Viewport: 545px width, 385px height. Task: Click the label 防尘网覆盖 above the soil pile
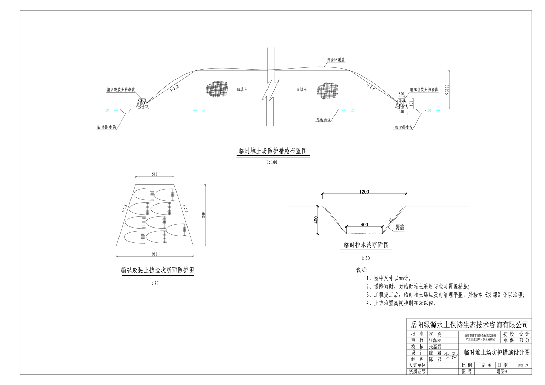(x=336, y=60)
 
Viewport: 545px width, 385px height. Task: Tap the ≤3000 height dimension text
(x=446, y=89)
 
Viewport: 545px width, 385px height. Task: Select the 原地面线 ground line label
(x=323, y=120)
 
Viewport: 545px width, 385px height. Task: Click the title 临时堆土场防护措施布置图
(x=273, y=151)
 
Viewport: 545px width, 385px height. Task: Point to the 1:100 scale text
(x=272, y=162)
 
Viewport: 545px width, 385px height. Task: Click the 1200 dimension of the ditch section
(x=364, y=192)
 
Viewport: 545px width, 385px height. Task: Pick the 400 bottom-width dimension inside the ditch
(x=364, y=225)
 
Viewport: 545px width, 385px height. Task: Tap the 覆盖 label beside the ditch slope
(x=400, y=227)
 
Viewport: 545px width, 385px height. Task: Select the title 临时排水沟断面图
(x=366, y=245)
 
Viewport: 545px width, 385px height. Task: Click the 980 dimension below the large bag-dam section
(x=155, y=254)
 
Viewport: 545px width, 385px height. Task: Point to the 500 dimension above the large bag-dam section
(x=155, y=174)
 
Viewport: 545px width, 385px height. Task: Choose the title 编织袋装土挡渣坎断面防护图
(x=157, y=270)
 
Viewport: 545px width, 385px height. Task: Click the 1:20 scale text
(x=154, y=283)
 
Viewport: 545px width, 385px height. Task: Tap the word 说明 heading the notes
(x=362, y=270)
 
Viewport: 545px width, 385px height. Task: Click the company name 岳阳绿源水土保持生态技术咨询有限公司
(x=469, y=325)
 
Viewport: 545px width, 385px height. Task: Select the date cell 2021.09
(x=522, y=365)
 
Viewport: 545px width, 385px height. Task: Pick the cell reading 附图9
(x=501, y=372)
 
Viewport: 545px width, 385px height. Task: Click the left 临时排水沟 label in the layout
(x=106, y=127)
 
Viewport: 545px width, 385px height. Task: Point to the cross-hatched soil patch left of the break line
(x=217, y=89)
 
